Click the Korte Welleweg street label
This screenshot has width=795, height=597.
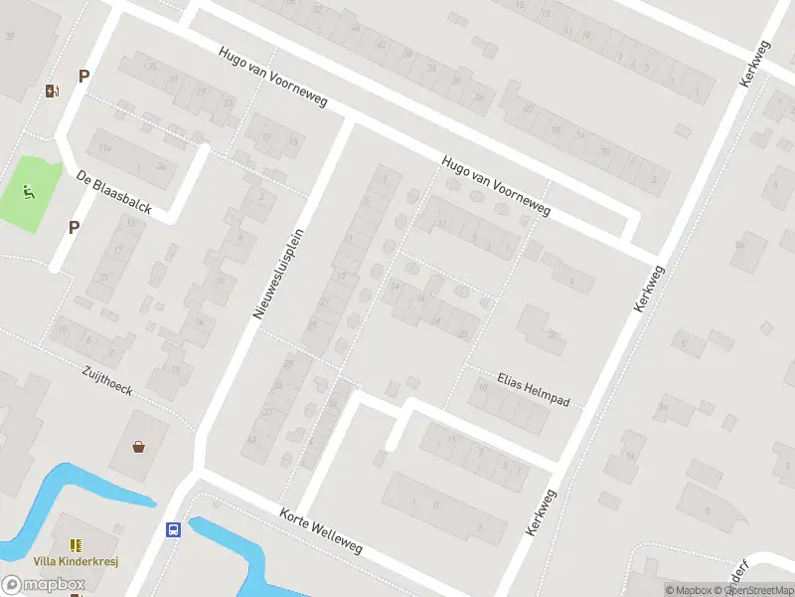point(320,533)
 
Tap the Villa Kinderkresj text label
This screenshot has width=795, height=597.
point(76,561)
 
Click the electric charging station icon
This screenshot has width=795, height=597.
point(52,92)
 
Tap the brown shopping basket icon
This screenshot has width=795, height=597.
point(139,447)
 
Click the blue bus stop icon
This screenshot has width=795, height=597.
point(173,529)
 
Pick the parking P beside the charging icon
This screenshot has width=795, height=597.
point(84,76)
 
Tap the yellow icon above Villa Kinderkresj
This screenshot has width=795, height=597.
point(76,545)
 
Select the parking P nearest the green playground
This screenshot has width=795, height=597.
point(74,227)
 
